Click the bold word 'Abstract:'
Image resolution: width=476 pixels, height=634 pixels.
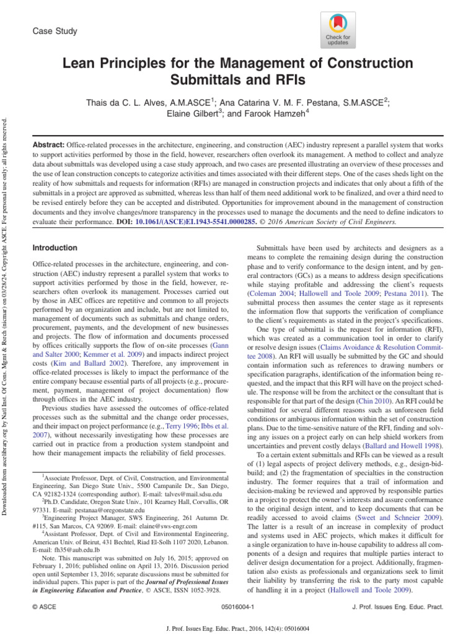[48, 143]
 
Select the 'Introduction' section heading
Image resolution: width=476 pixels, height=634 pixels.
[55, 248]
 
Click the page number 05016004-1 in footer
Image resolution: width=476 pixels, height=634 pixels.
[237, 609]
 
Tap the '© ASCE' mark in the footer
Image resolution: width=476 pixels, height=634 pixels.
[43, 609]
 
